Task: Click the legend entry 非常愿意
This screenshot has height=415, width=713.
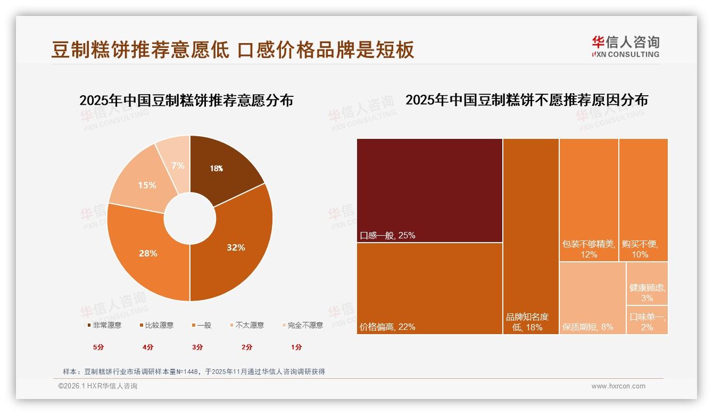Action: (x=104, y=325)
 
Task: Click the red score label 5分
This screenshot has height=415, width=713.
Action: (x=98, y=347)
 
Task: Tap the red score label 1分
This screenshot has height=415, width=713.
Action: (x=296, y=347)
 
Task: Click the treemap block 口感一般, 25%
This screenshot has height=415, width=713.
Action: (x=429, y=190)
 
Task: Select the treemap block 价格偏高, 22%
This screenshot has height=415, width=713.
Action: (x=429, y=288)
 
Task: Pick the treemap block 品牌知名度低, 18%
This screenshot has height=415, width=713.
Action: (x=530, y=236)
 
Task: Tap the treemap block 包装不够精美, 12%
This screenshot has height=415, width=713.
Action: (x=588, y=200)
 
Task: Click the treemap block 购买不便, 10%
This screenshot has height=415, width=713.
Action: (x=643, y=200)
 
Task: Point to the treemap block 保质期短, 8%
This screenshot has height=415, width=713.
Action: (x=592, y=298)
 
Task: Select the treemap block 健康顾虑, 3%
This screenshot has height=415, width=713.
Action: (x=647, y=284)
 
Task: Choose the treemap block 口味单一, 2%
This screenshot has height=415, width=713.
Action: (x=647, y=320)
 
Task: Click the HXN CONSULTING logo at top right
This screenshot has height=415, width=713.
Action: (x=625, y=46)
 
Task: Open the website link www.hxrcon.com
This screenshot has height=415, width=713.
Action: (x=618, y=386)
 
